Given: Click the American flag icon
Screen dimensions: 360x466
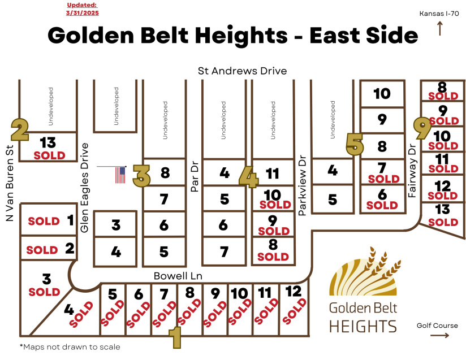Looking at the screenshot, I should point(120,175).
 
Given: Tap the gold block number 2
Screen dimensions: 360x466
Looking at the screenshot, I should point(20,130).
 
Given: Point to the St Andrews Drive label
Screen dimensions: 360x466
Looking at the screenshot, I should point(242,71).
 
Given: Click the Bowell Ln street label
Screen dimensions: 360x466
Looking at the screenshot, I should point(178,276).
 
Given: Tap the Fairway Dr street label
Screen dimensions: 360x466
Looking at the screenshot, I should point(412,170).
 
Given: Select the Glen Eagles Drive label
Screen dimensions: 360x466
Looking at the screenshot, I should point(85,188).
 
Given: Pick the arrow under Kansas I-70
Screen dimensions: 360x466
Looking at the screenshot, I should point(439,28).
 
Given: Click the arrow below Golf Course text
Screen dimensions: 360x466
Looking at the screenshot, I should point(439,335).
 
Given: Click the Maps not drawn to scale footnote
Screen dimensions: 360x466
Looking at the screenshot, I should point(70,346).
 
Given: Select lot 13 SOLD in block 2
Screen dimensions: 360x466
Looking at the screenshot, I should point(49,148).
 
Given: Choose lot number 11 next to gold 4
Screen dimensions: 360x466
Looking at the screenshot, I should point(273,174).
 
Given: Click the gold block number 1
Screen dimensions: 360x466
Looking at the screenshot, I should point(176,337).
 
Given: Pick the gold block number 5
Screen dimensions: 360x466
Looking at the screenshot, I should point(355,144).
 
